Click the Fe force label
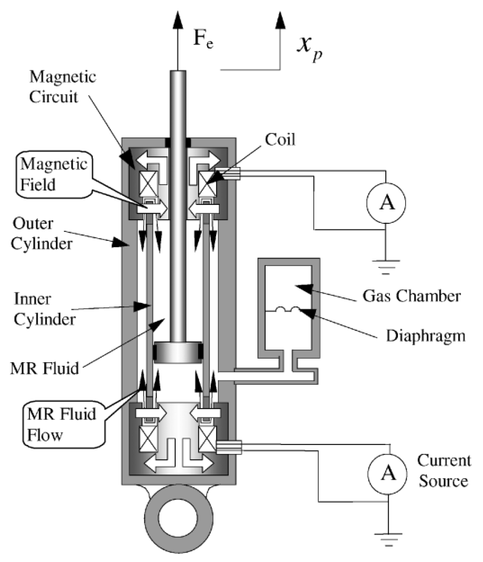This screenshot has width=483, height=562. pyautogui.click(x=203, y=39)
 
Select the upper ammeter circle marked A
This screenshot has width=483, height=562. pyautogui.click(x=386, y=203)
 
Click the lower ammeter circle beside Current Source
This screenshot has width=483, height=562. pyautogui.click(x=387, y=474)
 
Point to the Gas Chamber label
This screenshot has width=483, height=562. pyautogui.click(x=411, y=296)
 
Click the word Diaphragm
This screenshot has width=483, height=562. pyautogui.click(x=425, y=336)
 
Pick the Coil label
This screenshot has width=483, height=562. pyautogui.click(x=280, y=140)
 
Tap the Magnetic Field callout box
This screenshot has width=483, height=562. pyautogui.click(x=54, y=174)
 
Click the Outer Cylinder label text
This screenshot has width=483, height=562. pyautogui.click(x=41, y=233)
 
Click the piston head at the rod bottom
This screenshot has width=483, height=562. pyautogui.click(x=178, y=352)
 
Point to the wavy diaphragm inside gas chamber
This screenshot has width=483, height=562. pyautogui.click(x=287, y=310)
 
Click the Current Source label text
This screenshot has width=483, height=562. pyautogui.click(x=443, y=471)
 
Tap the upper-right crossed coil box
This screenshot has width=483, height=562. pyautogui.click(x=207, y=184)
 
